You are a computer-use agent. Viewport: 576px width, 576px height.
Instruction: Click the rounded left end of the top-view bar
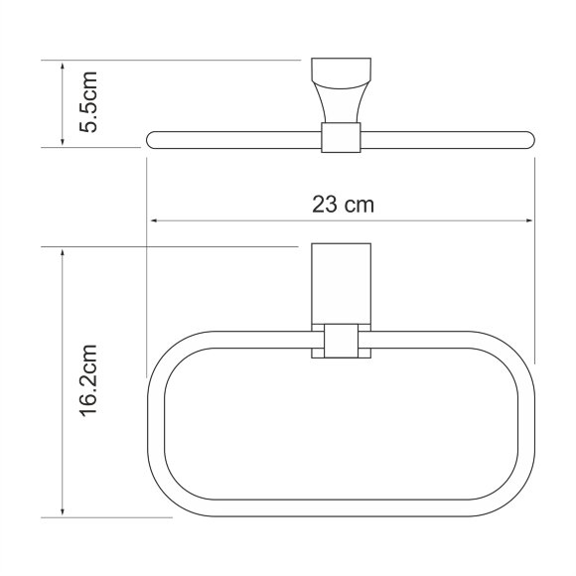pyautogui.click(x=152, y=138)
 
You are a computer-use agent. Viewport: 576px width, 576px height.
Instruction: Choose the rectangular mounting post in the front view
pyautogui.click(x=341, y=282)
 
